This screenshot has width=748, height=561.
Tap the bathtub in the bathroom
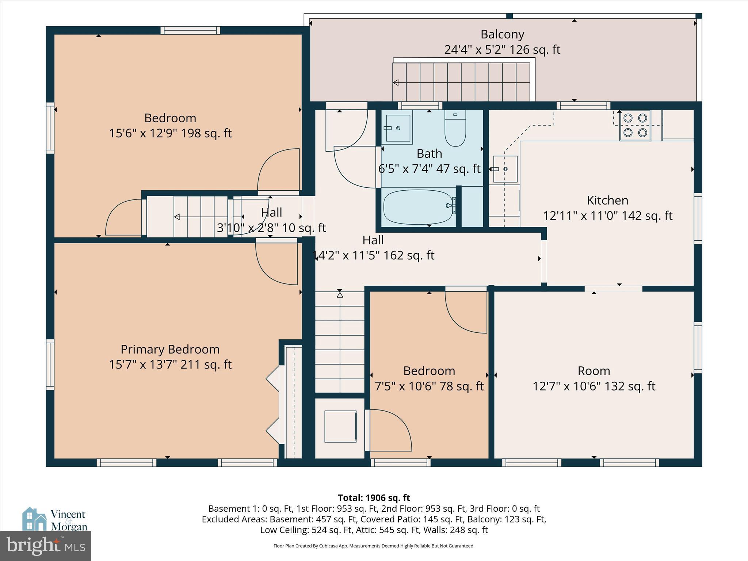click(418, 207)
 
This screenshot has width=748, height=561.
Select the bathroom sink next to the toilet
click(397, 128)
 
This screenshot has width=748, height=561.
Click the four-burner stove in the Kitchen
click(635, 125)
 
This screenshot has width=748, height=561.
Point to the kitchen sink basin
click(505, 169)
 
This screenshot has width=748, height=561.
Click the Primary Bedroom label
click(170, 350)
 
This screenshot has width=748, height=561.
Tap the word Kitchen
click(607, 200)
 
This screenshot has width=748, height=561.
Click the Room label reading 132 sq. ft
click(594, 386)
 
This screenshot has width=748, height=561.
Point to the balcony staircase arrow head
click(396, 83)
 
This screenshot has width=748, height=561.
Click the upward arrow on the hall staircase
click(340, 294)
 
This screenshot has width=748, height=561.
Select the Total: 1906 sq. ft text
click(374, 498)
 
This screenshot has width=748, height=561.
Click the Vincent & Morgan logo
click(55, 519)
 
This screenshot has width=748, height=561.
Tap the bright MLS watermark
click(45, 546)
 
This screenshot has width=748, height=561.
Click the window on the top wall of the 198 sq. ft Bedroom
click(190, 30)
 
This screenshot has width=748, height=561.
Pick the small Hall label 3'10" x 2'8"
click(271, 228)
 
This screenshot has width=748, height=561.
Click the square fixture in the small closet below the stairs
click(340, 426)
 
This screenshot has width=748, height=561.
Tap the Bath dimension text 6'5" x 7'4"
click(429, 169)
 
